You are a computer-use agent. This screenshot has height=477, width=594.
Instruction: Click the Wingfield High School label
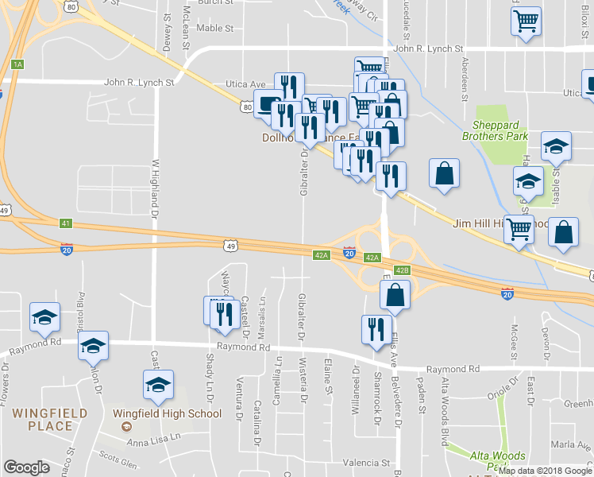167,413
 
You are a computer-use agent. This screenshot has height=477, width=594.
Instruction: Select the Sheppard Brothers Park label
500,130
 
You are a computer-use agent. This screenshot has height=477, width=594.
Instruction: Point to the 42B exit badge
402,270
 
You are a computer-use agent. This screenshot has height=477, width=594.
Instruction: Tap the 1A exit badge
17,64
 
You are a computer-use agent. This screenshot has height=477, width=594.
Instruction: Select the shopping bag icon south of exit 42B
395,294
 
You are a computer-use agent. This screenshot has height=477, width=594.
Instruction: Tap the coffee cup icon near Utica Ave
268,104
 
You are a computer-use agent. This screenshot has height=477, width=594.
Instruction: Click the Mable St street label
214,28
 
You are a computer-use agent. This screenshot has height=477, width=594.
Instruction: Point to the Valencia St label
367,462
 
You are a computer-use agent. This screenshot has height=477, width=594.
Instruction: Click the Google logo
26,467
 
